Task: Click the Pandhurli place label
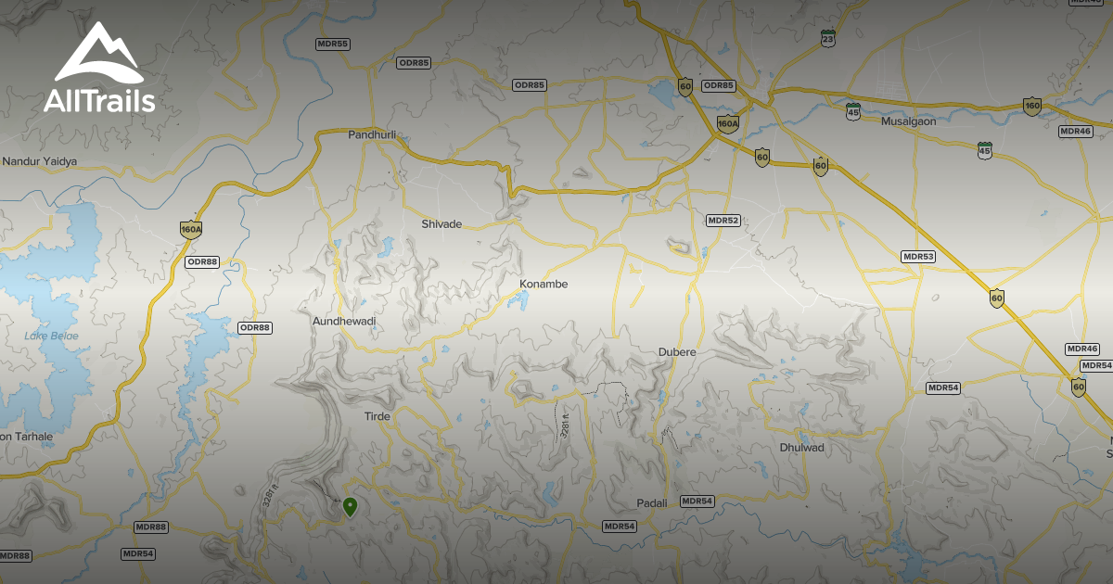point(372,135)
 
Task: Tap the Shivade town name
point(441,224)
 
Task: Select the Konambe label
point(544,285)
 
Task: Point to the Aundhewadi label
point(344,321)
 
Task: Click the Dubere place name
point(676,352)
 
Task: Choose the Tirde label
point(377,417)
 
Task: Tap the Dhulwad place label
point(801,448)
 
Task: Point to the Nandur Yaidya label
point(40,161)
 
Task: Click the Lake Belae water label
point(52,336)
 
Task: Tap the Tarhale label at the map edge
point(27,437)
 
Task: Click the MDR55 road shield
point(332,44)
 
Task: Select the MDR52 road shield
point(723,221)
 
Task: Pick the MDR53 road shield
point(918,256)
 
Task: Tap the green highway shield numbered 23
point(827,38)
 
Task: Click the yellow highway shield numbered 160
point(1032,107)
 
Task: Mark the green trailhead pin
point(350,506)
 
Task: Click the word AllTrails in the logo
point(99,102)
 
